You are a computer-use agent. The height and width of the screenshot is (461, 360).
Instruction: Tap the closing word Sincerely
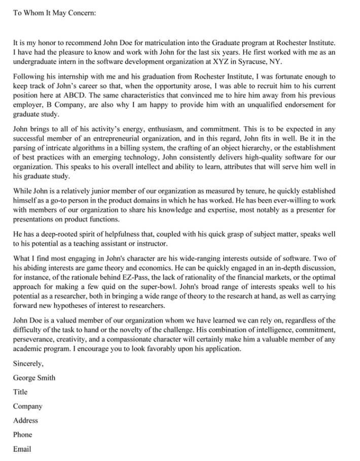28,363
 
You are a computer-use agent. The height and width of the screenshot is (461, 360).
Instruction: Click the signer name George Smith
34,378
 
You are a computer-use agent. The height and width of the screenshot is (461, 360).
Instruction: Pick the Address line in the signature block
25,420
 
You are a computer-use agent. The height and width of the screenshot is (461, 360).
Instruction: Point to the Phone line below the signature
23,435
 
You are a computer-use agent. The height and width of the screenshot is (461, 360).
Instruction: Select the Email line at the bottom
22,449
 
